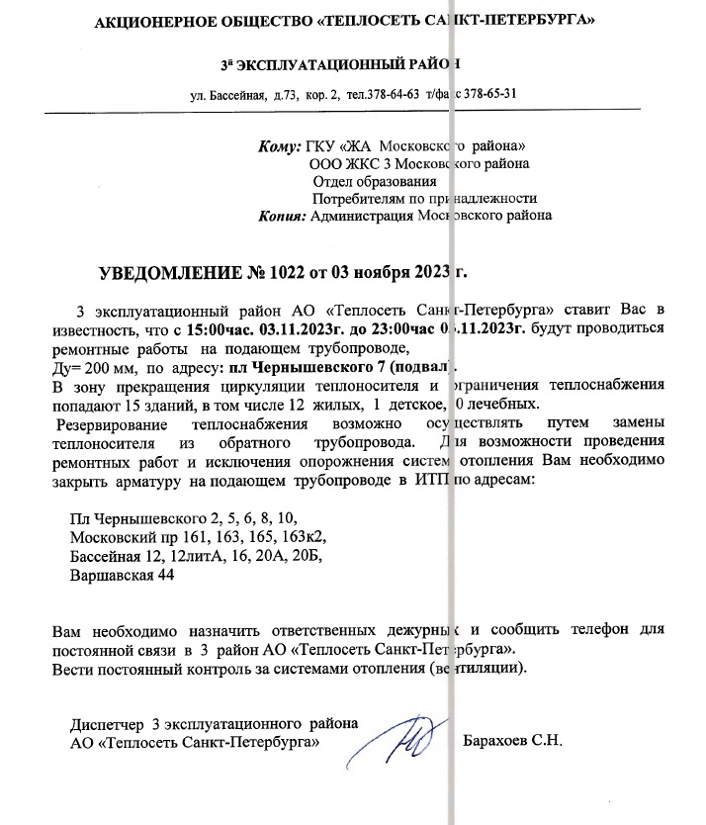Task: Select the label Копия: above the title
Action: [x=282, y=215]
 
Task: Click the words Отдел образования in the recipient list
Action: [x=374, y=181]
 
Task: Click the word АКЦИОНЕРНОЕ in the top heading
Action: [x=150, y=20]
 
